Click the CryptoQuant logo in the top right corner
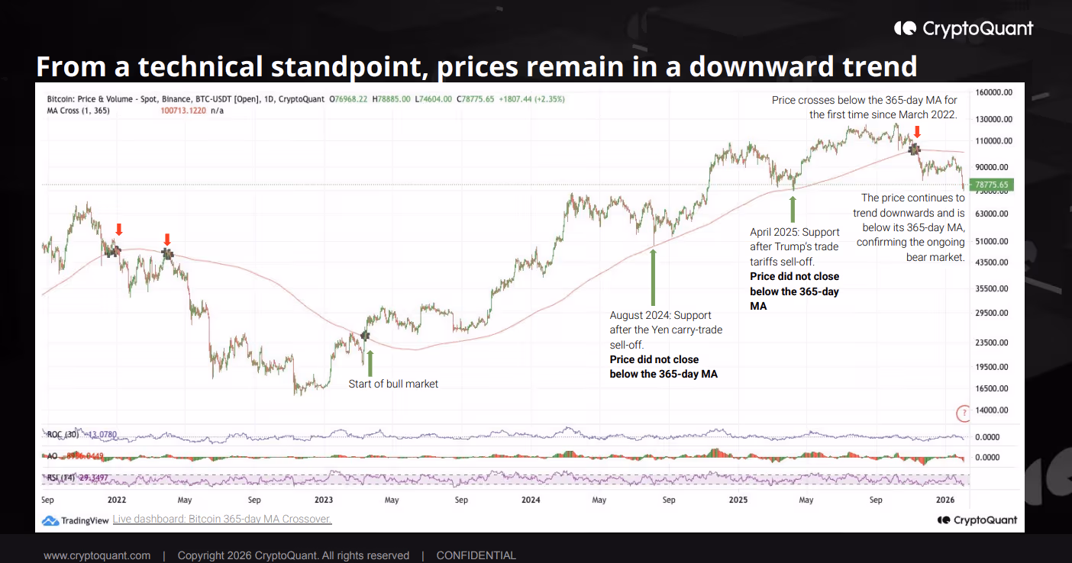point(964,29)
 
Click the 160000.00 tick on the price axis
point(993,92)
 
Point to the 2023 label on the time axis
point(324,500)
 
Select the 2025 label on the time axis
point(738,500)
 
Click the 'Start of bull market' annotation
point(393,384)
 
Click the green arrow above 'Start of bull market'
point(370,362)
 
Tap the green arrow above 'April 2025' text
point(793,208)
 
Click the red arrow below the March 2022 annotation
point(916,132)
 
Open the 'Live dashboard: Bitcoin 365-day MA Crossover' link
point(221,520)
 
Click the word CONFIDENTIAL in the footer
point(476,555)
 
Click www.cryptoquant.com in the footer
point(97,555)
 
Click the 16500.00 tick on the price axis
point(993,388)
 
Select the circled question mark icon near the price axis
point(964,413)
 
